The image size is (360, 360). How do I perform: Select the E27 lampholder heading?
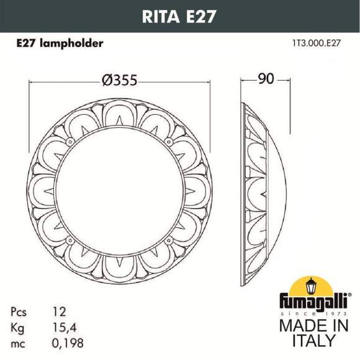click(x=59, y=44)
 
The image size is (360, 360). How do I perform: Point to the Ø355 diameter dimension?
click(x=118, y=81)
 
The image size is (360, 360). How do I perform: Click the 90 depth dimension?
click(x=266, y=80)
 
